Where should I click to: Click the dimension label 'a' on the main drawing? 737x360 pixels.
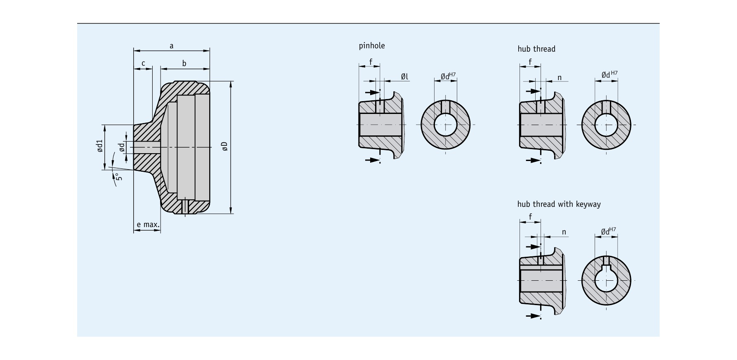pyautogui.click(x=172, y=46)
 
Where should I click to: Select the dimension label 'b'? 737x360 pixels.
pyautogui.click(x=184, y=63)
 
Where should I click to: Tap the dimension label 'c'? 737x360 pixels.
pyautogui.click(x=143, y=63)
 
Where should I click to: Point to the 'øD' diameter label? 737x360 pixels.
pyautogui.click(x=224, y=146)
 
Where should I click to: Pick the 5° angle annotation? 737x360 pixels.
pyautogui.click(x=118, y=177)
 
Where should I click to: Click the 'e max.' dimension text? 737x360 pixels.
pyautogui.click(x=148, y=225)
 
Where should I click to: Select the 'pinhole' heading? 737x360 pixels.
pyautogui.click(x=372, y=46)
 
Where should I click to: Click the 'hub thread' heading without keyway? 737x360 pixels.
pyautogui.click(x=536, y=49)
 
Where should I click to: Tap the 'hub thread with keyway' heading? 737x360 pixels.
pyautogui.click(x=559, y=204)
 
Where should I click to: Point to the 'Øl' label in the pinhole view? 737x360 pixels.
pyautogui.click(x=404, y=76)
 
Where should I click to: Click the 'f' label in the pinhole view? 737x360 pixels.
pyautogui.click(x=371, y=62)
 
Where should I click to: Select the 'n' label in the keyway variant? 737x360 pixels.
pyautogui.click(x=564, y=232)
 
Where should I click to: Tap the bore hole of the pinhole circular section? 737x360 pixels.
pyautogui.click(x=445, y=124)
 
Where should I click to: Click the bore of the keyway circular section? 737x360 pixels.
pyautogui.click(x=606, y=280)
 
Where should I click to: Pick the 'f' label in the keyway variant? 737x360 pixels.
pyautogui.click(x=530, y=216)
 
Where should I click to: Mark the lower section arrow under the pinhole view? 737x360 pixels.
pyautogui.click(x=373, y=160)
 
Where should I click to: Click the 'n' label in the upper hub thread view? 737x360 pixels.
pyautogui.click(x=560, y=78)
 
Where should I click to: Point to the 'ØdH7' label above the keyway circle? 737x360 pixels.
pyautogui.click(x=609, y=231)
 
